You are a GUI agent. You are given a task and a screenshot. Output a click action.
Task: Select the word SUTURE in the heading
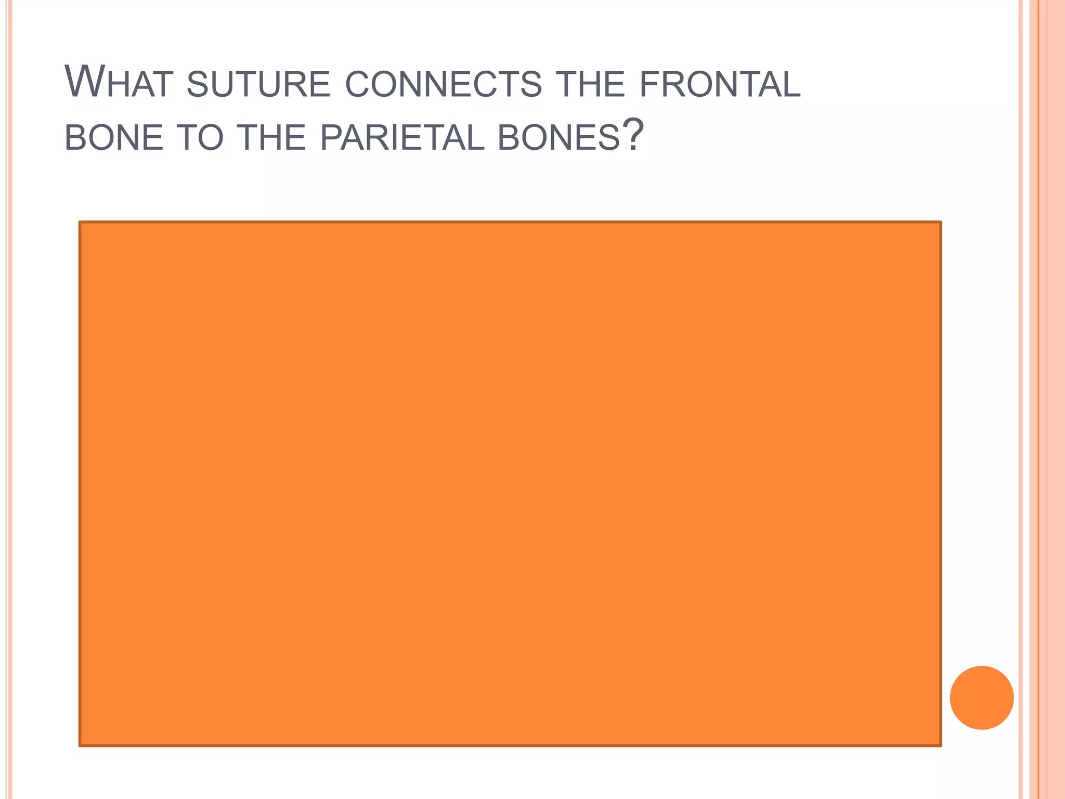point(258,85)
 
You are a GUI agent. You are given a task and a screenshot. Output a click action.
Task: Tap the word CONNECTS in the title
point(444,85)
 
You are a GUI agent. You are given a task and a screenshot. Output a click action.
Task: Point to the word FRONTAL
point(720,85)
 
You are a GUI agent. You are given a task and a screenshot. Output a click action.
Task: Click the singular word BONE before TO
point(114,138)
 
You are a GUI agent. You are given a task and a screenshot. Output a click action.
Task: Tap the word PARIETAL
point(402,138)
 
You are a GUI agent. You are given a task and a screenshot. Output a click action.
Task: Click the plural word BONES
point(559,138)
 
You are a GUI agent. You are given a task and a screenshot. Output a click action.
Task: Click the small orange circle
point(981,698)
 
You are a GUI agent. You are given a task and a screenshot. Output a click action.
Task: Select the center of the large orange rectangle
point(510,484)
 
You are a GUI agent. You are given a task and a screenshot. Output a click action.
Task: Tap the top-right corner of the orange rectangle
point(940,223)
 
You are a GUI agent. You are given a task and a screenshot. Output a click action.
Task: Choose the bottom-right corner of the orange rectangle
point(940,745)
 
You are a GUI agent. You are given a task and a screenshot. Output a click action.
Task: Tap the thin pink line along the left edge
point(8,399)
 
